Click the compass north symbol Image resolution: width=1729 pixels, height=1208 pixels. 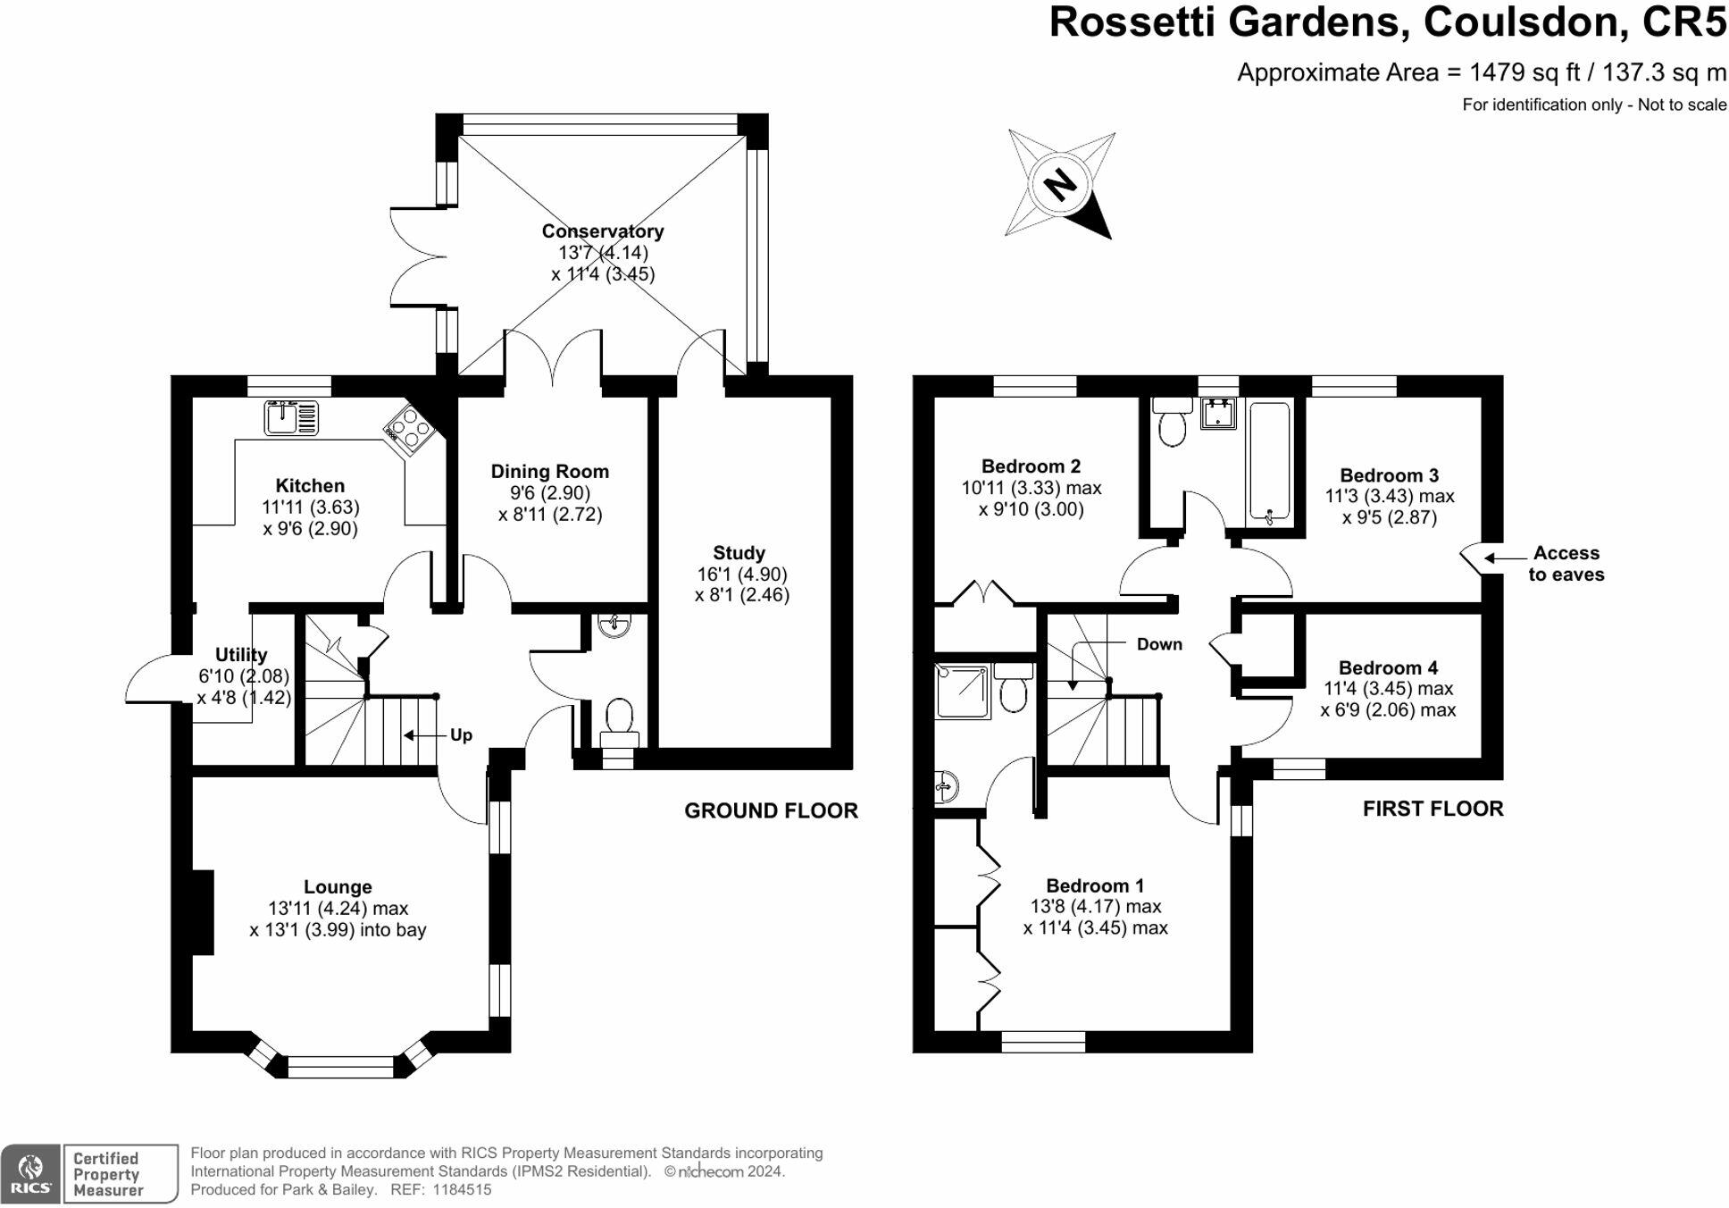click(x=1060, y=185)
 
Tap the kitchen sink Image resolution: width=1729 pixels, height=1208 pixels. click(x=291, y=418)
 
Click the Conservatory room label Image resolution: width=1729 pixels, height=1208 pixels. click(x=603, y=231)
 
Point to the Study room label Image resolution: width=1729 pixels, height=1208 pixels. click(x=739, y=553)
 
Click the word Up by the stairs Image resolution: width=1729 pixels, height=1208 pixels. click(x=461, y=735)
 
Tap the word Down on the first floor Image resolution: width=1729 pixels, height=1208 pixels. click(x=1159, y=644)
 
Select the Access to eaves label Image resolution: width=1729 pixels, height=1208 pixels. click(x=1566, y=564)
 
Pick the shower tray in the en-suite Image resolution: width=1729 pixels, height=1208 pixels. click(x=963, y=692)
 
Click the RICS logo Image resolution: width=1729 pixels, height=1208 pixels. click(x=31, y=1173)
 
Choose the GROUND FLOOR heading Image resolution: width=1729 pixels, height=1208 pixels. click(x=771, y=810)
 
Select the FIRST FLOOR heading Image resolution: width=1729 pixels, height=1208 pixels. click(x=1432, y=809)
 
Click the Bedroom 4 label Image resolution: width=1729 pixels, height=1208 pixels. click(x=1388, y=668)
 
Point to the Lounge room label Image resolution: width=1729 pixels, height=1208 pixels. click(x=338, y=887)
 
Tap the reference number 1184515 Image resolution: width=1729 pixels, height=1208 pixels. click(x=462, y=1190)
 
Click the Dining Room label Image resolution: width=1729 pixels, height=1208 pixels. click(x=549, y=472)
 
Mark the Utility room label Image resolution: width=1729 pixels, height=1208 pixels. click(x=241, y=655)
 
